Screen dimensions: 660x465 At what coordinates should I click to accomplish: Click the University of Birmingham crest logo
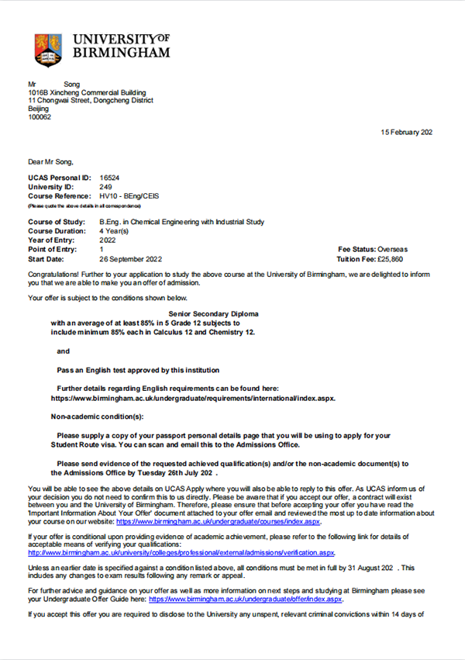[x=48, y=50]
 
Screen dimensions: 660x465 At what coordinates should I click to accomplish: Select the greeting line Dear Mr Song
[x=50, y=161]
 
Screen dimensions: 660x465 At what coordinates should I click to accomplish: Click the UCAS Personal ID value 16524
[x=109, y=178]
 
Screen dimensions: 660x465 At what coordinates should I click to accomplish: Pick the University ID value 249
[x=106, y=187]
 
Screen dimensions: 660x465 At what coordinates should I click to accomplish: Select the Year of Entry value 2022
[x=108, y=240]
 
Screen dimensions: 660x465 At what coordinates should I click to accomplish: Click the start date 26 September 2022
[x=131, y=258]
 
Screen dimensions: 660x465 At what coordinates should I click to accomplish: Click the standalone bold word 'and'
[x=64, y=351]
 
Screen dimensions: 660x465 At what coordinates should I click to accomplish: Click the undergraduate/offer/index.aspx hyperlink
[x=246, y=600]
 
